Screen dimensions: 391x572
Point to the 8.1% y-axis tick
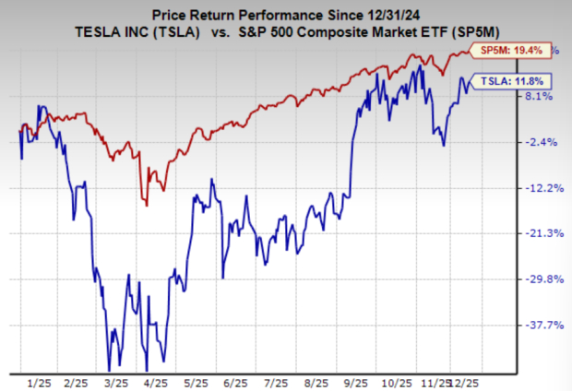pos(538,96)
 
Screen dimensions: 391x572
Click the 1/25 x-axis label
pos(39,380)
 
